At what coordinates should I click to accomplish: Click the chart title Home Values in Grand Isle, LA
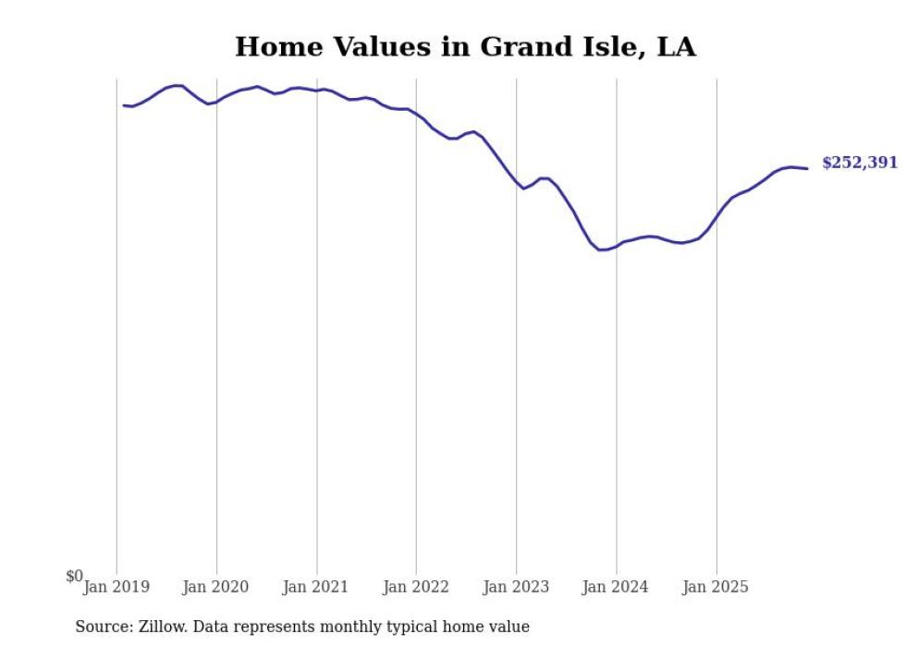(465, 46)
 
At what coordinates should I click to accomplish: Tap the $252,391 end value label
(859, 163)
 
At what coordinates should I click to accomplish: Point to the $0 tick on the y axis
(74, 576)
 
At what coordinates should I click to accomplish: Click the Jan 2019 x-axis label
(116, 586)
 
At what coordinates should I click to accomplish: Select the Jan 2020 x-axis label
(215, 586)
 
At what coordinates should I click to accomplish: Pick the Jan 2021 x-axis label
(315, 586)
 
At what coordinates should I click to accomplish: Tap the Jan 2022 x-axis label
(415, 586)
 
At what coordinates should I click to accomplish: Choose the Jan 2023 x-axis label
(516, 586)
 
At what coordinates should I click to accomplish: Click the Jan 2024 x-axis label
(616, 586)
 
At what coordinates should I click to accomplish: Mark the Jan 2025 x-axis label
(716, 586)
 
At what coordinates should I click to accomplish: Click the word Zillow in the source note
(161, 627)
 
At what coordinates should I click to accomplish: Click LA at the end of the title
(676, 46)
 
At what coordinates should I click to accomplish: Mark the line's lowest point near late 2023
(601, 250)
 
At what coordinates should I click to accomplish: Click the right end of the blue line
(807, 168)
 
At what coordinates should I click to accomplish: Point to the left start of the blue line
(124, 105)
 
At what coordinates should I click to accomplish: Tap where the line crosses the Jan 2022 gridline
(416, 115)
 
